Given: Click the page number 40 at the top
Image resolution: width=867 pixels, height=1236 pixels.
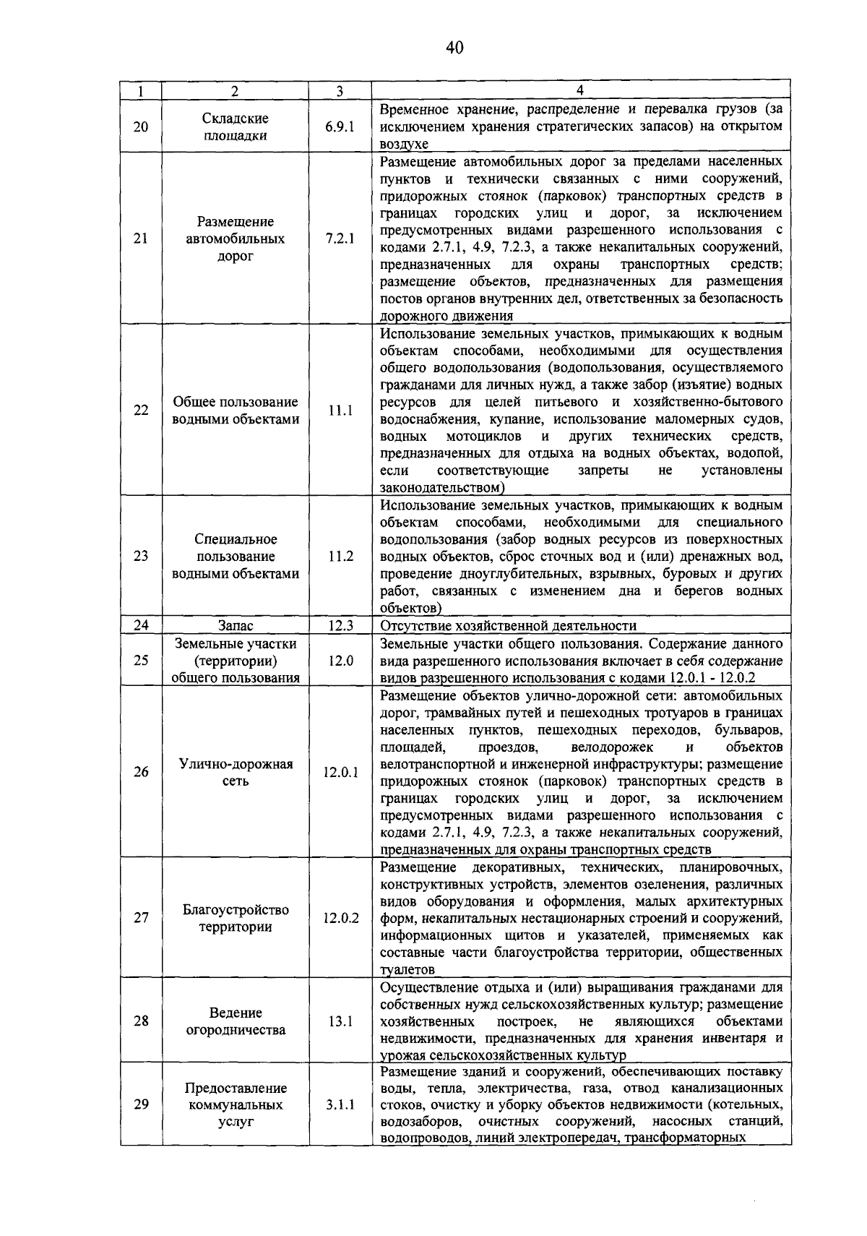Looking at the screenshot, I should click(454, 48).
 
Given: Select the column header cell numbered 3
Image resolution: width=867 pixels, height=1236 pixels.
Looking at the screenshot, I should click(339, 91).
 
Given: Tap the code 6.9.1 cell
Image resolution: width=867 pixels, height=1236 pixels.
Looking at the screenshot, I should click(340, 126).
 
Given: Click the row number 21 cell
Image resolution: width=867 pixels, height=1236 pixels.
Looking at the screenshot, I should click(141, 239).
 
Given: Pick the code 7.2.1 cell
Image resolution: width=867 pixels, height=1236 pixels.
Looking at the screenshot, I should click(340, 239).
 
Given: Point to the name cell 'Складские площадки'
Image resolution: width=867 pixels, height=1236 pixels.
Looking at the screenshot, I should click(236, 126).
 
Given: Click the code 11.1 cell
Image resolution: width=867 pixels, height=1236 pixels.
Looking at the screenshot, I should click(340, 411).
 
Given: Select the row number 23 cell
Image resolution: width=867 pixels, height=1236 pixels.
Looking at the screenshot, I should click(141, 556).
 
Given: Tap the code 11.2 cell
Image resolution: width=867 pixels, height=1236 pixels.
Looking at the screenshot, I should click(340, 556).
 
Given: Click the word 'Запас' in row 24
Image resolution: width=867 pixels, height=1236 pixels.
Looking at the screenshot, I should click(236, 626).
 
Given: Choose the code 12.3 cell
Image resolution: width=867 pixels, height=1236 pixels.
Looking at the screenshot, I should click(340, 626).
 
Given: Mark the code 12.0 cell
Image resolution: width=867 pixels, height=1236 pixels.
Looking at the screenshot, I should click(340, 660).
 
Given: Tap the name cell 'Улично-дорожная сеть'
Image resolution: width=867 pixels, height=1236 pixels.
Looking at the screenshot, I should click(236, 772).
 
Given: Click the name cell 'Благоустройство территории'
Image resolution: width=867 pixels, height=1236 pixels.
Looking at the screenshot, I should click(236, 918).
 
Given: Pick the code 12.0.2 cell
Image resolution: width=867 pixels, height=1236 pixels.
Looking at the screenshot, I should click(340, 918).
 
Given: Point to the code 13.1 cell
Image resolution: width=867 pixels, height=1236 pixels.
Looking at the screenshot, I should click(340, 1021).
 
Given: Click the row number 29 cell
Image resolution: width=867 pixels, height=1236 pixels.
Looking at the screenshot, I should click(141, 1104).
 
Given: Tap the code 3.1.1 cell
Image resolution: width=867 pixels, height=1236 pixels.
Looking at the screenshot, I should click(340, 1104).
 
